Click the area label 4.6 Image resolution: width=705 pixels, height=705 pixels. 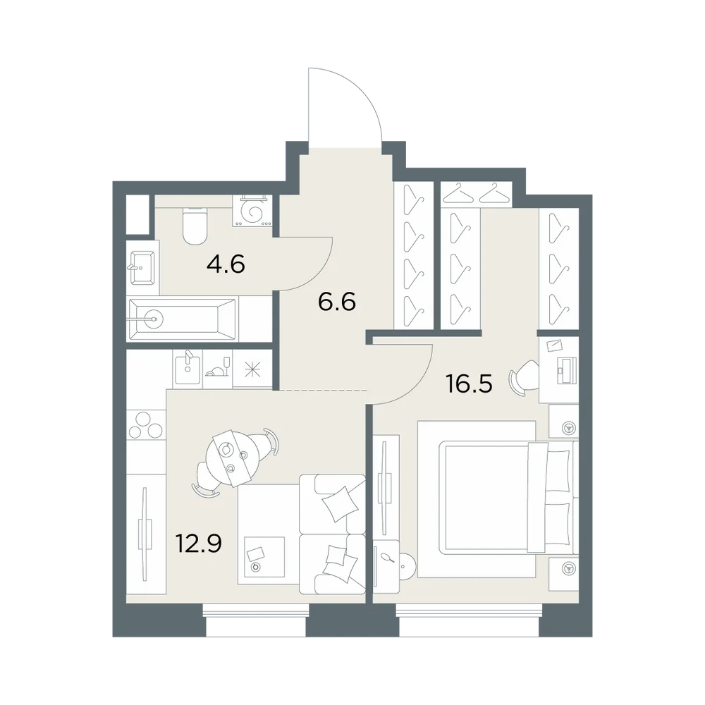[x=226, y=264]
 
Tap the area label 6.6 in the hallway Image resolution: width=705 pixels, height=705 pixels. [x=337, y=301]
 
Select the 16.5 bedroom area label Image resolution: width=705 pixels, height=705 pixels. [x=469, y=384]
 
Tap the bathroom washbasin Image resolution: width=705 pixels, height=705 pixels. [x=142, y=267]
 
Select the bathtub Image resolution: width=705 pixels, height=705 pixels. [x=182, y=319]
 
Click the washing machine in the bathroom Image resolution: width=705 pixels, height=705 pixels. [x=252, y=211]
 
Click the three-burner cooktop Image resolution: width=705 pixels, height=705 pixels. [x=145, y=425]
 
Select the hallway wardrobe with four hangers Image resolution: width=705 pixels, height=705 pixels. [x=413, y=255]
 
